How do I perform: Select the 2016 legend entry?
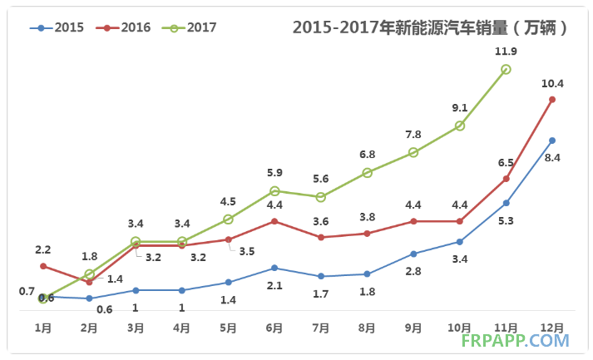click(x=124, y=27)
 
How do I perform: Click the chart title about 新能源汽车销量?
click(x=431, y=27)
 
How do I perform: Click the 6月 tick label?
click(x=274, y=328)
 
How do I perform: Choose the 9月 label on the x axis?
click(x=413, y=328)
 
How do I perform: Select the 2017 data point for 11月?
click(x=506, y=70)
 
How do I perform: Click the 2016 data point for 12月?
click(x=552, y=100)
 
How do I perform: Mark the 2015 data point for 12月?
click(x=552, y=141)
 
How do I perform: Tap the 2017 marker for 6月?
click(x=274, y=191)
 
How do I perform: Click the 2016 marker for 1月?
click(x=43, y=266)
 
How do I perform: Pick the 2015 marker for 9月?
click(x=413, y=254)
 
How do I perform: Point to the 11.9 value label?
click(x=506, y=52)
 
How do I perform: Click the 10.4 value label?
click(x=552, y=82)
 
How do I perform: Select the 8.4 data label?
click(x=552, y=157)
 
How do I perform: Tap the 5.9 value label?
click(x=274, y=173)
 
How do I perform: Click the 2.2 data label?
click(x=43, y=249)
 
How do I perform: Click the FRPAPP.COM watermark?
click(x=523, y=340)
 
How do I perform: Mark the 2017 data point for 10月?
click(x=460, y=126)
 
